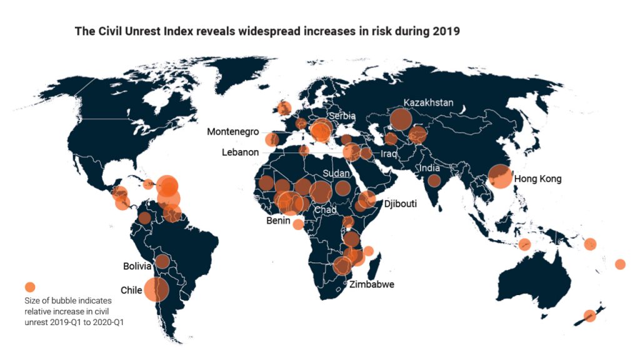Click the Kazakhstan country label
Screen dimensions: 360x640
click(x=428, y=102)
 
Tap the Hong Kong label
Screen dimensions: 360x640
click(x=537, y=179)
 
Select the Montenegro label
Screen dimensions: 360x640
click(x=232, y=132)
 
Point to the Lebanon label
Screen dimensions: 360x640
click(x=240, y=152)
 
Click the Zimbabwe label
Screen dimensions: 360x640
click(x=372, y=285)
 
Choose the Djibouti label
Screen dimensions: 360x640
click(x=400, y=204)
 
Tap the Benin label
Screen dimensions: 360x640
click(x=277, y=221)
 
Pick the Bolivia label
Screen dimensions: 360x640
click(x=137, y=266)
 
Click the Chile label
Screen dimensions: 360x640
click(x=131, y=290)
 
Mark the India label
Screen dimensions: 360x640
click(x=429, y=167)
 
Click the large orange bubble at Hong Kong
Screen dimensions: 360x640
click(x=501, y=176)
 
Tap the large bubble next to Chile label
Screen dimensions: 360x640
click(x=156, y=289)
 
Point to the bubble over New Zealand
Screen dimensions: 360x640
click(x=589, y=316)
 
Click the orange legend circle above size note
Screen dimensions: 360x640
click(x=29, y=287)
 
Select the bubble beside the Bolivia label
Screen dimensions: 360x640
click(x=162, y=261)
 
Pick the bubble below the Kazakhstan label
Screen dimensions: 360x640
click(x=401, y=119)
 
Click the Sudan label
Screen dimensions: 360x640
click(x=336, y=173)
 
